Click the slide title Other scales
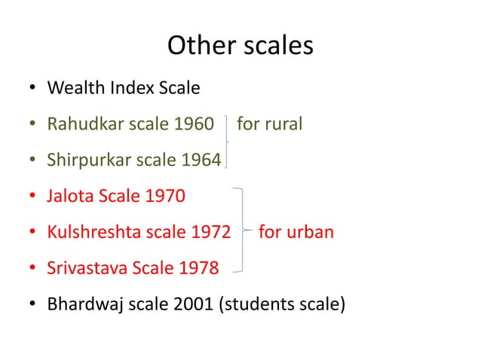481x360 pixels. tap(240, 46)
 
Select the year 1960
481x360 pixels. tap(194, 124)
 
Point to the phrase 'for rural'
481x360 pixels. tap(269, 124)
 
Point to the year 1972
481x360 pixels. tap(210, 232)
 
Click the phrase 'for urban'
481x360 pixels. tap(296, 232)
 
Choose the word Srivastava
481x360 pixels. tap(87, 268)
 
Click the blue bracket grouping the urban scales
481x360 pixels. tap(241, 229)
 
